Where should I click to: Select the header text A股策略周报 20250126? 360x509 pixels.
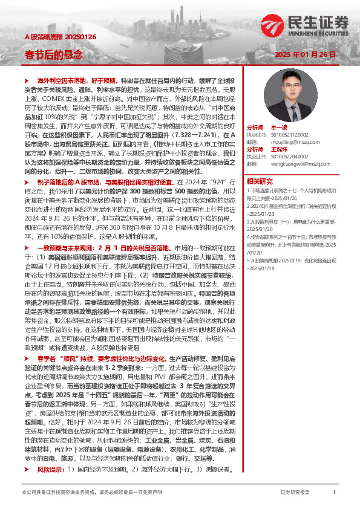click(x=52, y=36)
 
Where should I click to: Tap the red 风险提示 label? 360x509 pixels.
click(x=51, y=468)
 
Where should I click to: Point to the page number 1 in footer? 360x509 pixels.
click(x=334, y=493)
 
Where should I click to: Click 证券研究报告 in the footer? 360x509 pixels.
click(x=295, y=493)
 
